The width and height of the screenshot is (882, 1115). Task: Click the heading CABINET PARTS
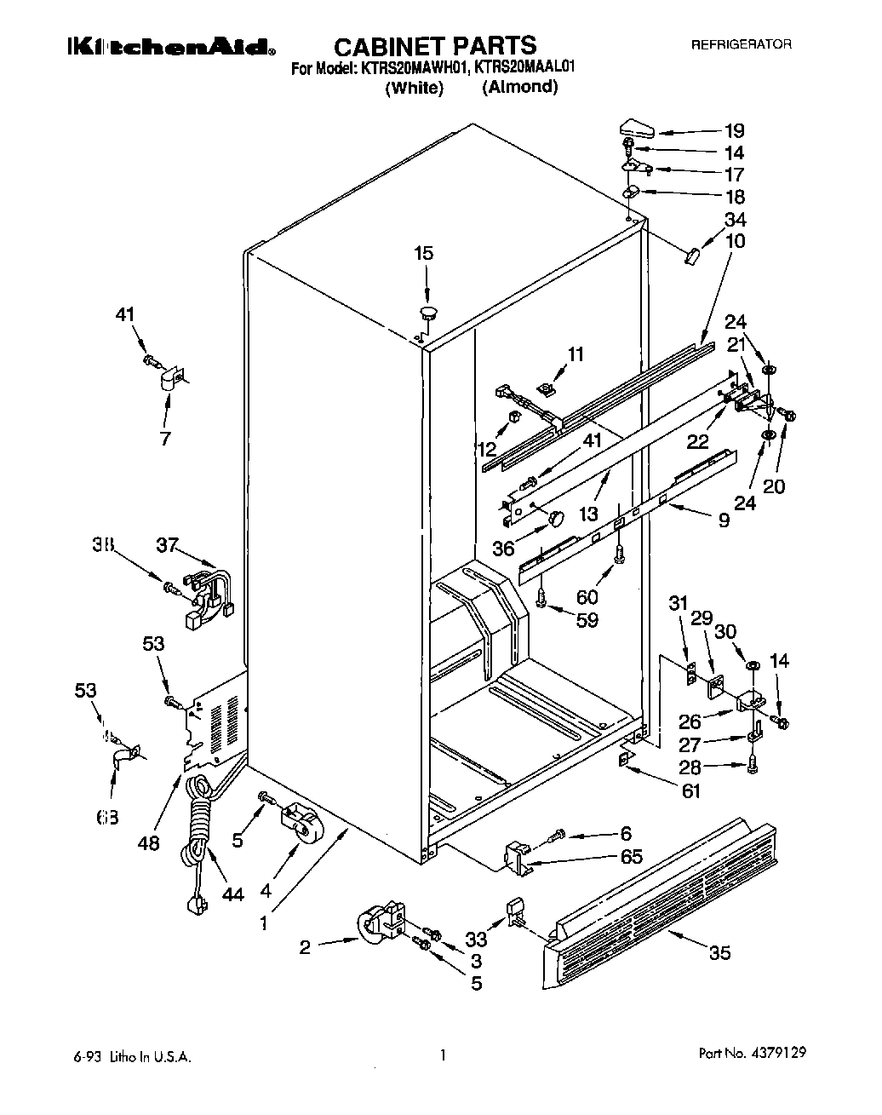click(x=434, y=45)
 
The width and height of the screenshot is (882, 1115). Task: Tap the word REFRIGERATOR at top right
click(x=740, y=43)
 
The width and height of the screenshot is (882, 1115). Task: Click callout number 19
click(x=733, y=130)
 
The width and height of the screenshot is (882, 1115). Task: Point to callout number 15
click(x=423, y=253)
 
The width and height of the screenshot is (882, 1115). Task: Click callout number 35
click(x=719, y=952)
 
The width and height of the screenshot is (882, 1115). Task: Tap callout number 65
click(x=632, y=857)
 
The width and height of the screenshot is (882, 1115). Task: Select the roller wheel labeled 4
click(x=301, y=829)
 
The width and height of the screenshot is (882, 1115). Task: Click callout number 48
click(x=148, y=843)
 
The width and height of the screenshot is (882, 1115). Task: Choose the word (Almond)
click(x=519, y=86)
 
